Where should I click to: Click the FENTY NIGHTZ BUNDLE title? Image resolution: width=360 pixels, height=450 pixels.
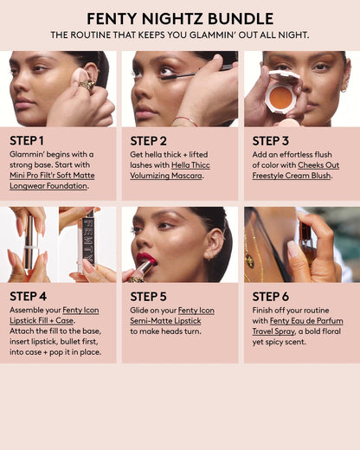pyautogui.click(x=180, y=19)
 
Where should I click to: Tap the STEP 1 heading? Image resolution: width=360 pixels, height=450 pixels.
pyautogui.click(x=27, y=141)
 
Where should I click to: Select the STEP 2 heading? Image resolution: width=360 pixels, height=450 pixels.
pyautogui.click(x=148, y=141)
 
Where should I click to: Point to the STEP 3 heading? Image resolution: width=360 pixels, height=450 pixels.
pyautogui.click(x=270, y=141)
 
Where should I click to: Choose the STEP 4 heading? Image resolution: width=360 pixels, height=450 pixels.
pyautogui.click(x=28, y=296)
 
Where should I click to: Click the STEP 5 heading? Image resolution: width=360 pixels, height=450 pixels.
pyautogui.click(x=148, y=297)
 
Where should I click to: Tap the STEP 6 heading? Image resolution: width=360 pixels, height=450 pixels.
pyautogui.click(x=271, y=297)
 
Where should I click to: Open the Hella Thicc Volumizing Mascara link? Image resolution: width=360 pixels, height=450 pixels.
pyautogui.click(x=170, y=170)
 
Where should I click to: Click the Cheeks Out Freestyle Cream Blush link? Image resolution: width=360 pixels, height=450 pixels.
pyautogui.click(x=296, y=170)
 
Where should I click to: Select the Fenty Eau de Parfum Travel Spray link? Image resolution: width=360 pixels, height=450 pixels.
pyautogui.click(x=298, y=326)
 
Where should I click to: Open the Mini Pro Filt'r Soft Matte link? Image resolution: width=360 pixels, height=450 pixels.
pyautogui.click(x=52, y=176)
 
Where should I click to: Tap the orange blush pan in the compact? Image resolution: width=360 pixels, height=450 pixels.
pyautogui.click(x=280, y=98)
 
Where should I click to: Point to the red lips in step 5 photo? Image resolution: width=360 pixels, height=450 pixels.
pyautogui.click(x=146, y=258)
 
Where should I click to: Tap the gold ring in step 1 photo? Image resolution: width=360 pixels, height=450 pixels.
pyautogui.click(x=87, y=85)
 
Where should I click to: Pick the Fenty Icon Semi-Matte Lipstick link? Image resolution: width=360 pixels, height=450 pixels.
pyautogui.click(x=172, y=316)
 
